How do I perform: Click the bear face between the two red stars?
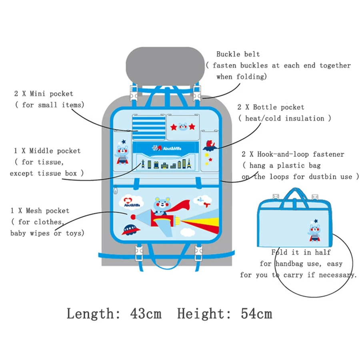[182, 127]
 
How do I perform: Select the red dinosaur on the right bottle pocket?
[210, 145]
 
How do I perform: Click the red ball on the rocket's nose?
[133, 217]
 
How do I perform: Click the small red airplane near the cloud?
[206, 204]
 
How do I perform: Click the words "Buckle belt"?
[238, 54]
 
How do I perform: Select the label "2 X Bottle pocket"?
[271, 107]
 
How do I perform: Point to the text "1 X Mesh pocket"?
[40, 211]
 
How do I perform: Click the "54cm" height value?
[256, 313]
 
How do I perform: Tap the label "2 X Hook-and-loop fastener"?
[293, 154]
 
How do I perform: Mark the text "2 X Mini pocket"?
[44, 94]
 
